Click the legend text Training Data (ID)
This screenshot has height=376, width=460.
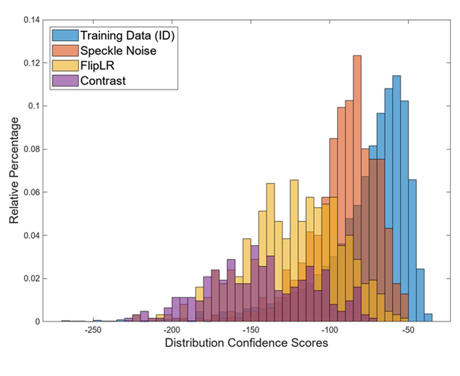(x=127, y=35)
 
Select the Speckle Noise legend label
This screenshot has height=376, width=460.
(x=118, y=50)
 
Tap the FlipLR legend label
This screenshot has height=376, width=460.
(x=98, y=66)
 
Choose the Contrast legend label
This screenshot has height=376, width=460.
(x=103, y=81)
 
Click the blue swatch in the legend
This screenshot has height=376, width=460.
(x=65, y=35)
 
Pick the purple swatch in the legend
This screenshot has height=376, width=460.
(x=65, y=81)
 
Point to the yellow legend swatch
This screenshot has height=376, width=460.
(x=65, y=66)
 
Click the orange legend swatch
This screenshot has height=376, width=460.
(x=65, y=50)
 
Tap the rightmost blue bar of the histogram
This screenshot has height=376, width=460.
(x=428, y=317)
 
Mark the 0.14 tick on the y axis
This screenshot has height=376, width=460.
(x=31, y=20)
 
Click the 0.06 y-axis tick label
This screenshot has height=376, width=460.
(x=31, y=192)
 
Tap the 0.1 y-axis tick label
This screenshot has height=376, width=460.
(x=34, y=106)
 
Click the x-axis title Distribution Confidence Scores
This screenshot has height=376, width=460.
(x=246, y=343)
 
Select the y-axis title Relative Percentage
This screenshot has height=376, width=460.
(x=14, y=171)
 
